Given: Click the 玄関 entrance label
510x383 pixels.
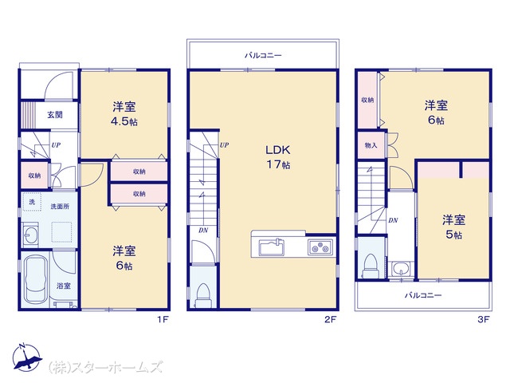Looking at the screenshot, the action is click(x=55, y=115).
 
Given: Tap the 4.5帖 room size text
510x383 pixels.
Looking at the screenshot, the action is click(x=124, y=122).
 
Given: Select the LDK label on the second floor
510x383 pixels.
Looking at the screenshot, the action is click(x=278, y=150).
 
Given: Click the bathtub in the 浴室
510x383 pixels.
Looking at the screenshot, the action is click(x=36, y=278).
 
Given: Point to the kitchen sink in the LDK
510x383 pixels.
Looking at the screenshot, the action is click(x=272, y=247).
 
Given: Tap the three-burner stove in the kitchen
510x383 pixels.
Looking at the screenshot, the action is click(x=320, y=247).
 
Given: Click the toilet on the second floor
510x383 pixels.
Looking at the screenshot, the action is click(x=203, y=295).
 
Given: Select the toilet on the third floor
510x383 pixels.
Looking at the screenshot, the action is click(x=371, y=266).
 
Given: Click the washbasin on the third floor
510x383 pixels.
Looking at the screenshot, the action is click(x=401, y=269).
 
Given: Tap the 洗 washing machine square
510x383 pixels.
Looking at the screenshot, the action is click(x=32, y=202).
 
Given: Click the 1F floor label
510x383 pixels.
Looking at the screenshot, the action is click(x=163, y=319).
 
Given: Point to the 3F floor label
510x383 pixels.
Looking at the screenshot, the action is click(x=484, y=319).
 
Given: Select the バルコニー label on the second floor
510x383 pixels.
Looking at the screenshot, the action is click(x=263, y=55).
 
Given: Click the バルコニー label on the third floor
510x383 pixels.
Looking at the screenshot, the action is click(x=423, y=295).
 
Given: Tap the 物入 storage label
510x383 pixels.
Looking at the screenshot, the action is click(x=371, y=145).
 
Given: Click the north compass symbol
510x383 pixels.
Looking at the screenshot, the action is click(x=26, y=357).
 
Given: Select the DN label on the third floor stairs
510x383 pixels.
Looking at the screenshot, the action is click(x=393, y=220).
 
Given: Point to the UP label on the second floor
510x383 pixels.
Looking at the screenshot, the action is click(x=224, y=145).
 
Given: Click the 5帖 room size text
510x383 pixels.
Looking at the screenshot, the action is click(x=453, y=235).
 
